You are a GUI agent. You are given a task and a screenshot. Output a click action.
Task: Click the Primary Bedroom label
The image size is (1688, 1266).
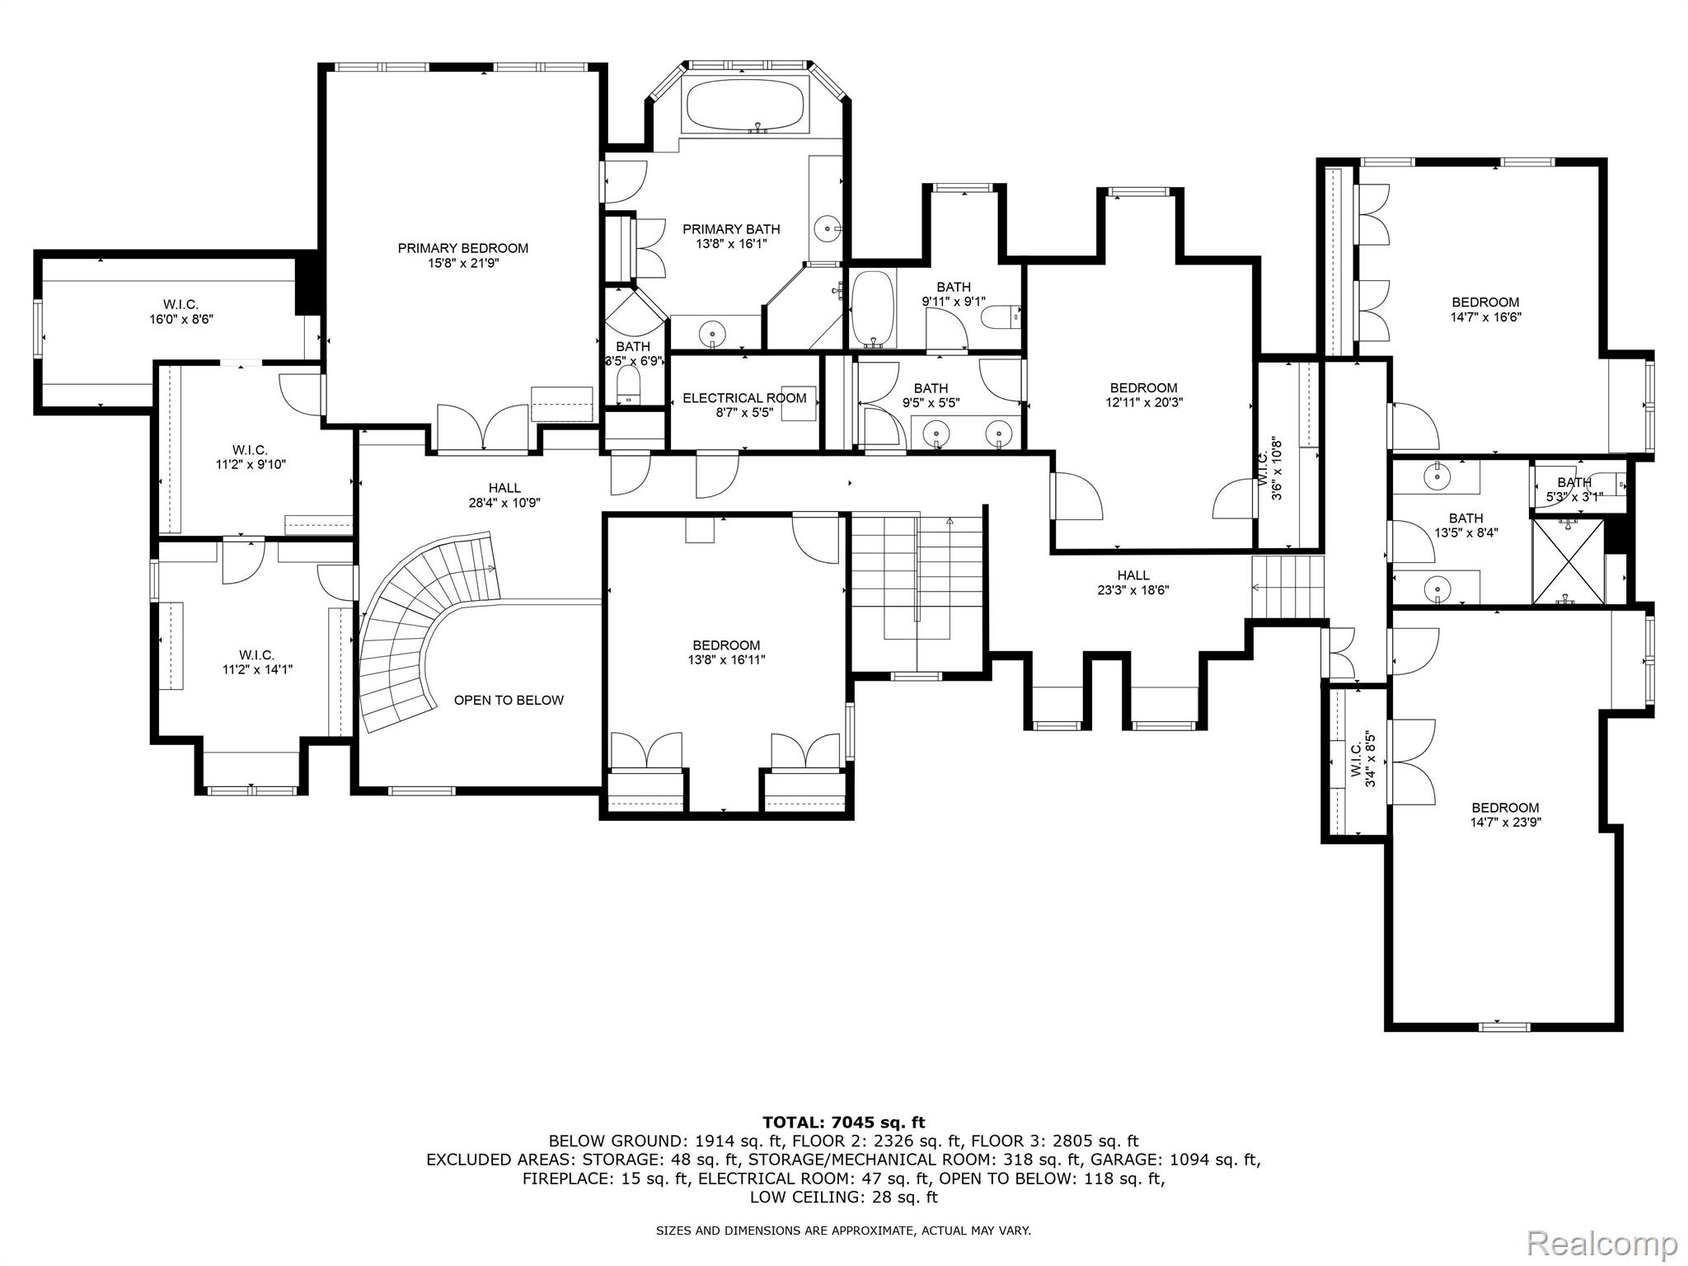(x=462, y=248)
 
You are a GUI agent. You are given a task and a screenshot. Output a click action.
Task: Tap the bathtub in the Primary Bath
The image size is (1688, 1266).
(x=744, y=104)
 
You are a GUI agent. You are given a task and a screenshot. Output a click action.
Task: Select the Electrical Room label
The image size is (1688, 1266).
(x=744, y=398)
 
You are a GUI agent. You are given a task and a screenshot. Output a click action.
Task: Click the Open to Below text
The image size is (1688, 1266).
(x=509, y=701)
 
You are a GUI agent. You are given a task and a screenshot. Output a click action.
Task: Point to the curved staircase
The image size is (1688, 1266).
(x=412, y=626)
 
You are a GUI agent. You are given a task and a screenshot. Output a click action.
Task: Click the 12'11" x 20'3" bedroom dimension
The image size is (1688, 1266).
(x=1143, y=403)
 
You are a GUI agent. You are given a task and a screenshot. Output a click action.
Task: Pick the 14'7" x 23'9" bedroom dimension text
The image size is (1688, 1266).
(x=1506, y=823)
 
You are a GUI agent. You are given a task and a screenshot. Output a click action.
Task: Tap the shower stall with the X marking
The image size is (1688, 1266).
(x=1568, y=561)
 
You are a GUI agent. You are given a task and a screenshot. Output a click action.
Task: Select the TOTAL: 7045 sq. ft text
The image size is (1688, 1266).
(x=844, y=1123)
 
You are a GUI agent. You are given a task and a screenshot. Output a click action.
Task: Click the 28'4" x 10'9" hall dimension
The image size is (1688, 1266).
(x=504, y=503)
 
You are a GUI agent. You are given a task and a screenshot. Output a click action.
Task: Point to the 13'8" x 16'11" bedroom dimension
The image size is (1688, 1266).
(x=726, y=660)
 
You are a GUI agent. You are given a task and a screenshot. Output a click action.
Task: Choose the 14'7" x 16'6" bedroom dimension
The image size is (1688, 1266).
(x=1485, y=317)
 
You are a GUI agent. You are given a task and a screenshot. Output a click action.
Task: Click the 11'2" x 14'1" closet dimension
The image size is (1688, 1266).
(x=257, y=670)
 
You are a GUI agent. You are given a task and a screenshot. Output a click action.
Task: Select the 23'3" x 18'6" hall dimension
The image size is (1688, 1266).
(x=1133, y=590)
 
